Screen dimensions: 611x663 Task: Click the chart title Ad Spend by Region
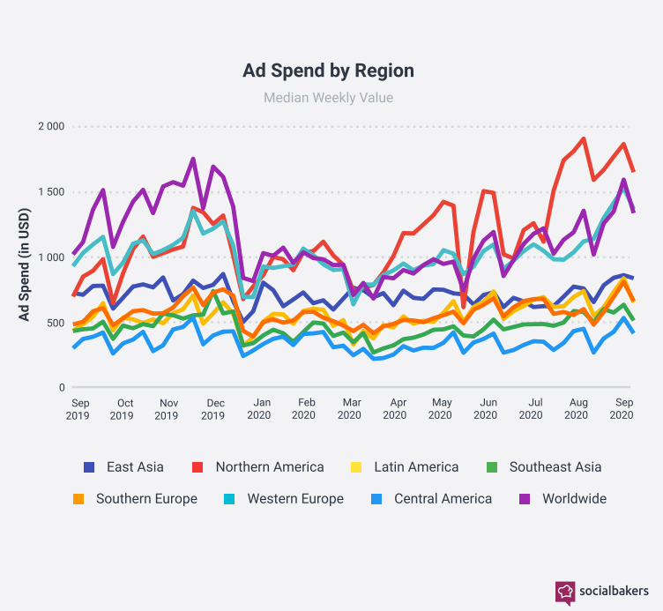(x=328, y=71)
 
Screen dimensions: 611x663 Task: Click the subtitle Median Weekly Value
(x=328, y=98)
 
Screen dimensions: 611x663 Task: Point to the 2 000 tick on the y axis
(x=50, y=126)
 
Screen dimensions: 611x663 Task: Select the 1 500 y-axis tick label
(x=50, y=192)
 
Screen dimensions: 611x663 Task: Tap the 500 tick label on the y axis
(x=55, y=323)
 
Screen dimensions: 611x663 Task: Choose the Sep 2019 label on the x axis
(x=77, y=408)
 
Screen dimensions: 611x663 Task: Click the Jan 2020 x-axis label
(x=258, y=408)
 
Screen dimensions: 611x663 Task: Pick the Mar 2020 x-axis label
(x=351, y=408)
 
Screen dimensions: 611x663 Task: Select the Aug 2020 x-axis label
(x=577, y=408)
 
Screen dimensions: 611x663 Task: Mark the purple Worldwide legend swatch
(x=525, y=499)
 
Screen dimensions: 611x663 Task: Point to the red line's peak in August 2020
(x=584, y=138)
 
